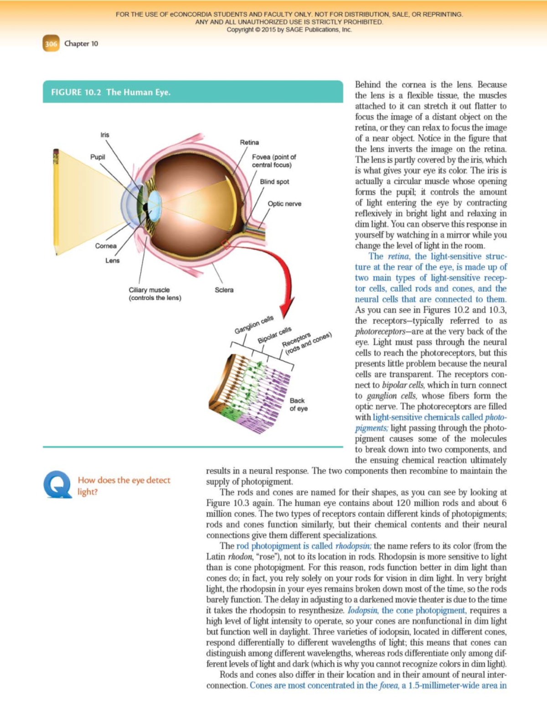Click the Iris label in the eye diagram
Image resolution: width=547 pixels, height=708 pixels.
[x=105, y=134]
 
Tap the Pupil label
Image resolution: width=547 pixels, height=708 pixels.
[x=98, y=157]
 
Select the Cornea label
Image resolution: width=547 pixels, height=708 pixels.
[x=106, y=246]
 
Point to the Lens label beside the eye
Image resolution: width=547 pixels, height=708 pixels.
[x=112, y=260]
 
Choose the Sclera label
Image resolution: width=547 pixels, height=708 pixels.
[x=224, y=289]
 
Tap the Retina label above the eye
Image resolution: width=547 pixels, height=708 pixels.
[x=249, y=142]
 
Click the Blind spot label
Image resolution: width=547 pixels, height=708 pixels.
[x=274, y=181]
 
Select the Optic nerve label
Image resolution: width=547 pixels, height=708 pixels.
[x=284, y=203]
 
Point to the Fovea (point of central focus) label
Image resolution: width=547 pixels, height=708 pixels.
[x=273, y=160]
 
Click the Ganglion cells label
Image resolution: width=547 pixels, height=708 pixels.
[x=254, y=324]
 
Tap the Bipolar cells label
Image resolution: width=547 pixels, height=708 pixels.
[x=274, y=335]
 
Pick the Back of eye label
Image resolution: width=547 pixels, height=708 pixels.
[x=298, y=404]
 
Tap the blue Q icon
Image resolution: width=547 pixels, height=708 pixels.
[x=57, y=484]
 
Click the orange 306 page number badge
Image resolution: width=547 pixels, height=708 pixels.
[x=51, y=44]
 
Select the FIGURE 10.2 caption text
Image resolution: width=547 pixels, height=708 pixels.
[x=111, y=92]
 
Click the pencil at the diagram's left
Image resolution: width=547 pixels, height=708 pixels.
[x=56, y=201]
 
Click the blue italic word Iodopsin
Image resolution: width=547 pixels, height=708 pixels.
[x=362, y=610]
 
